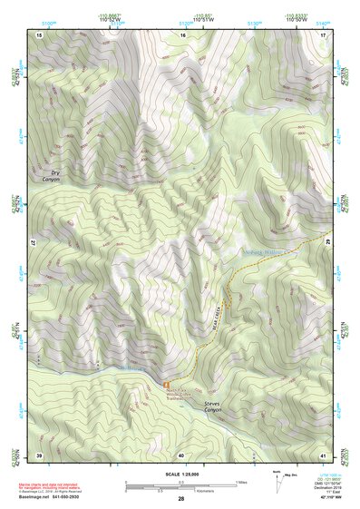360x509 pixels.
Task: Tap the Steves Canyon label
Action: (214, 409)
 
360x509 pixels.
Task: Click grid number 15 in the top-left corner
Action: (39, 34)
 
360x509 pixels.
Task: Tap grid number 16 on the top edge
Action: (181, 34)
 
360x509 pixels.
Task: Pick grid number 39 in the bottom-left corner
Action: (39, 455)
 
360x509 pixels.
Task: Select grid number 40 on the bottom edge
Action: (181, 455)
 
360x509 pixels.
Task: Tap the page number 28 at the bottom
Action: (181, 499)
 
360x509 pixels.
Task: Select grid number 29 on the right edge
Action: (327, 244)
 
